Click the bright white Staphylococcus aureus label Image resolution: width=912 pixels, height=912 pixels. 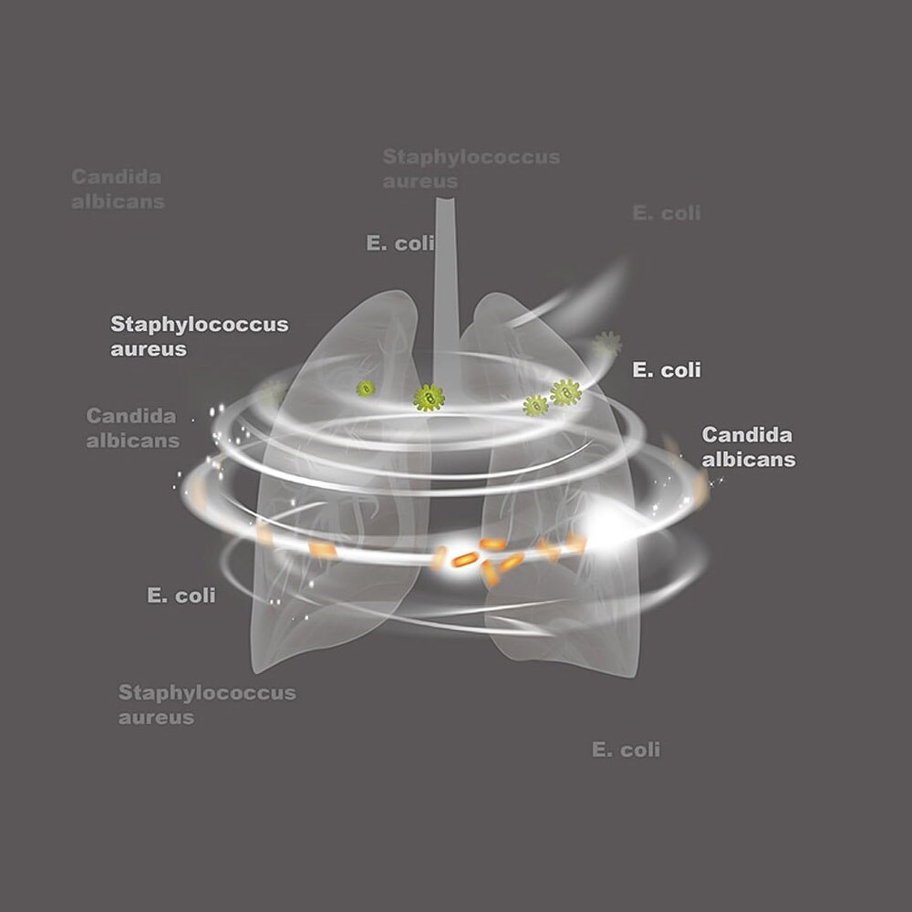199,336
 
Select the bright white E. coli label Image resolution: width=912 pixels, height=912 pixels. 667,370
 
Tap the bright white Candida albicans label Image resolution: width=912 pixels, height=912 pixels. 748,447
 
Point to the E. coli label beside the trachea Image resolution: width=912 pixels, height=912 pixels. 399,244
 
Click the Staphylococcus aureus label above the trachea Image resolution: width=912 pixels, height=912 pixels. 471,169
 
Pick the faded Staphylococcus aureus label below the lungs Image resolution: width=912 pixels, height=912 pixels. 207,704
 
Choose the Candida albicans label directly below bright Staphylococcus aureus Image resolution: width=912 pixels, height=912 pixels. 133,428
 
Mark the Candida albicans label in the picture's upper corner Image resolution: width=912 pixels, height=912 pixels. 118,189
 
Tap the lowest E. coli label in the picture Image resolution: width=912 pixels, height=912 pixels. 626,750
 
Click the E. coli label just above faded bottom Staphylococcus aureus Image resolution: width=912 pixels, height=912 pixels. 181,596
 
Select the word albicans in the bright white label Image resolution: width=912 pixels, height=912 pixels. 749,460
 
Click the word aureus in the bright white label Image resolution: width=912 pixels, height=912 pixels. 148,348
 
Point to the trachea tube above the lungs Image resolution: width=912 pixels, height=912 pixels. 445,274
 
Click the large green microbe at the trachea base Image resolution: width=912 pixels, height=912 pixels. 429,397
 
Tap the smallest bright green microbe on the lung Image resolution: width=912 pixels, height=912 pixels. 366,389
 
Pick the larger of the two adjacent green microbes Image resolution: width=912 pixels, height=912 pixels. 565,393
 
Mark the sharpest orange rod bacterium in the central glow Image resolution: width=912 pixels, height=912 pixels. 465,558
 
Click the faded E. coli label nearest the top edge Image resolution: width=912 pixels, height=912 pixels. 667,212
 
